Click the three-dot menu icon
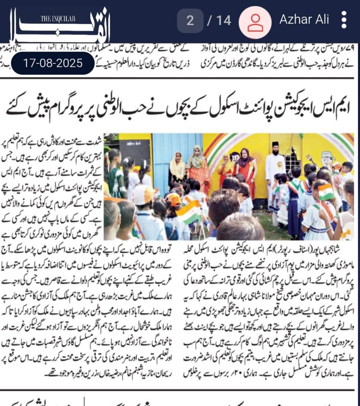(x=344, y=20)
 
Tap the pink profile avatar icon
(x=255, y=21)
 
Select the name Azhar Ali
(x=304, y=20)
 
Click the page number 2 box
(x=190, y=20)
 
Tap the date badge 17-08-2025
(x=53, y=63)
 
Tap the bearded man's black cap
(x=275, y=144)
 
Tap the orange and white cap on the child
(x=143, y=194)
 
